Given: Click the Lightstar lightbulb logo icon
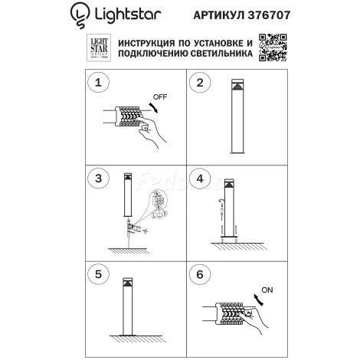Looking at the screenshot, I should tap(80, 13).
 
